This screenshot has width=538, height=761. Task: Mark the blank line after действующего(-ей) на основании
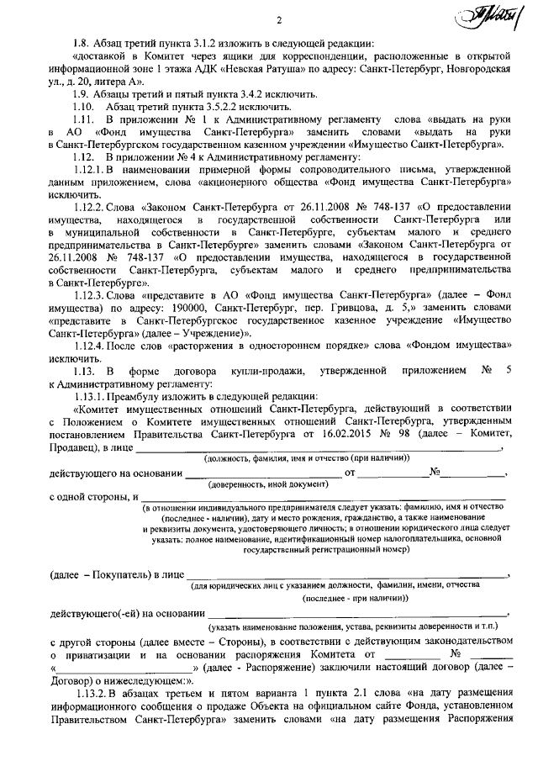point(356,611)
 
